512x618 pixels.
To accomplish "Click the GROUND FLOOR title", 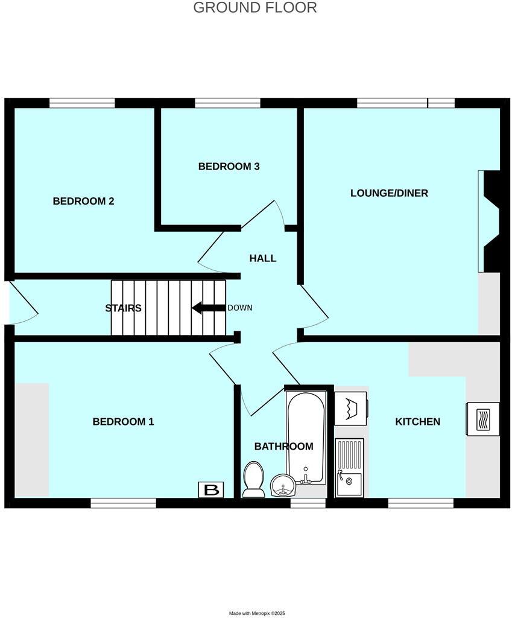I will [255, 8].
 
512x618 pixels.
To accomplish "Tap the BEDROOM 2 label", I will [83, 202].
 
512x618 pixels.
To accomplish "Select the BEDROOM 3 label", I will [229, 167].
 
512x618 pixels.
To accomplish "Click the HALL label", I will [263, 258].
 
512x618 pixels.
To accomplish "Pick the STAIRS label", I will [123, 308].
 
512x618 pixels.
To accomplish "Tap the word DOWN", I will [239, 308].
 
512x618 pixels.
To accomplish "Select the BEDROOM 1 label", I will [123, 422].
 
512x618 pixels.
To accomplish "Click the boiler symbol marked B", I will [211, 490].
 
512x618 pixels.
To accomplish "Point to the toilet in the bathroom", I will [253, 479].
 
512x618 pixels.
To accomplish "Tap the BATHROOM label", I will [283, 447].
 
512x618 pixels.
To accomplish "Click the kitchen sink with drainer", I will [349, 467].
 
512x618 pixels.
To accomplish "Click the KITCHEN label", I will [417, 422].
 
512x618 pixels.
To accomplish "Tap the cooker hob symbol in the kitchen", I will [482, 419].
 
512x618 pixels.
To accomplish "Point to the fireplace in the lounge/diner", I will [490, 221].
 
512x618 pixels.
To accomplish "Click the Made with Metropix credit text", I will [256, 613].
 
